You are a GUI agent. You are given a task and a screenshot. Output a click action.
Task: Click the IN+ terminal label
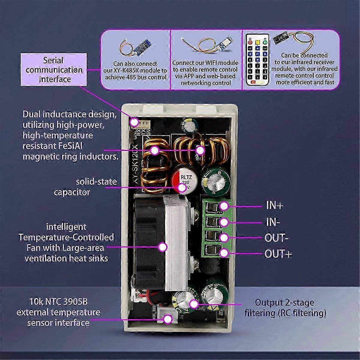coord(274,206)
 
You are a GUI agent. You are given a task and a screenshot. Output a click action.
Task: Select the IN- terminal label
coord(273,222)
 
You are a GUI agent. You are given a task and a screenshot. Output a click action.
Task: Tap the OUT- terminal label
coord(276,238)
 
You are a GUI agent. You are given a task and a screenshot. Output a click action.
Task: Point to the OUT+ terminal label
coord(278,254)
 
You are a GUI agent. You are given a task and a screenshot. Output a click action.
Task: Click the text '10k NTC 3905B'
coord(58,301)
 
